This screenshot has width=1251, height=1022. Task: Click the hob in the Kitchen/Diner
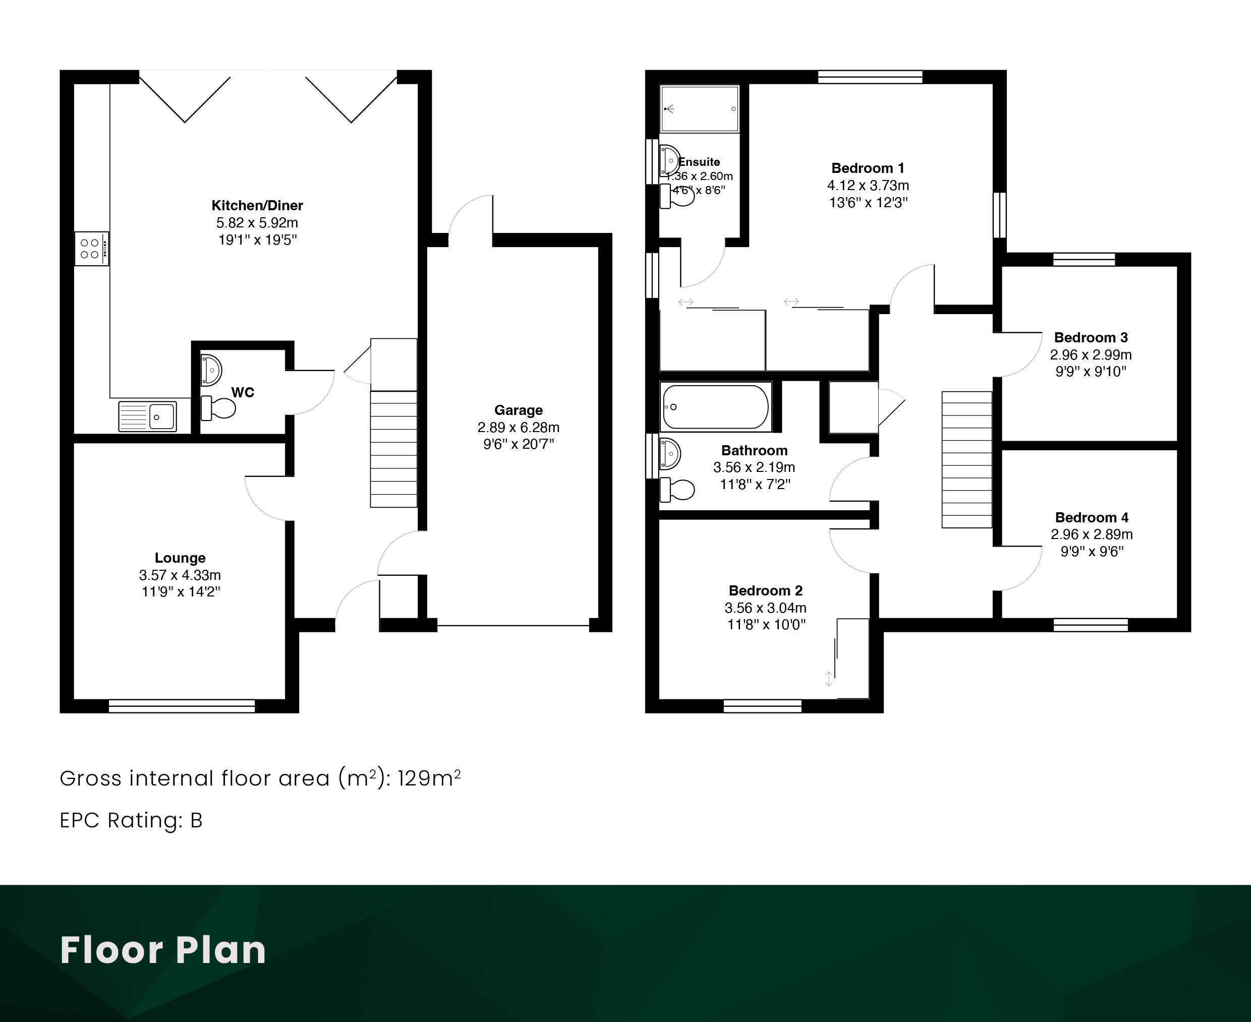pos(92,249)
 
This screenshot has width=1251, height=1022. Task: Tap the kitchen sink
pos(147,416)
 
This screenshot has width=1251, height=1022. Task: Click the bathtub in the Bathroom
pos(716,407)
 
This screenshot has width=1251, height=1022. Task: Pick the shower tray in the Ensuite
pos(699,109)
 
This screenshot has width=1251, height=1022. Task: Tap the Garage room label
pos(518,410)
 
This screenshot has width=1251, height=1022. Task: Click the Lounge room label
pos(180,558)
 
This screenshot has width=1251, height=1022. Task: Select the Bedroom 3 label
pos(1091,337)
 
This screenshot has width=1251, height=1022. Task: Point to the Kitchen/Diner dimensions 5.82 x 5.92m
pos(257,222)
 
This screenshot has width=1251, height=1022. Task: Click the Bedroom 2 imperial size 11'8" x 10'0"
pos(766,624)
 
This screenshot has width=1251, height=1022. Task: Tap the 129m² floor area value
pos(429,778)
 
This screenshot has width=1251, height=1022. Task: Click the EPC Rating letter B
pos(196,820)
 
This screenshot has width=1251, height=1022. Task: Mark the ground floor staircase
pos(393,423)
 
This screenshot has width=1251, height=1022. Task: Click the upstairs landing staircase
pos(967,460)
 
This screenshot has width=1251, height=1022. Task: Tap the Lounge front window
pos(182,706)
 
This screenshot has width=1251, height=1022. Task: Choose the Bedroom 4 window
pos(1091,625)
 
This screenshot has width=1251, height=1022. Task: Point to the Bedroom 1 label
pos(868,168)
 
